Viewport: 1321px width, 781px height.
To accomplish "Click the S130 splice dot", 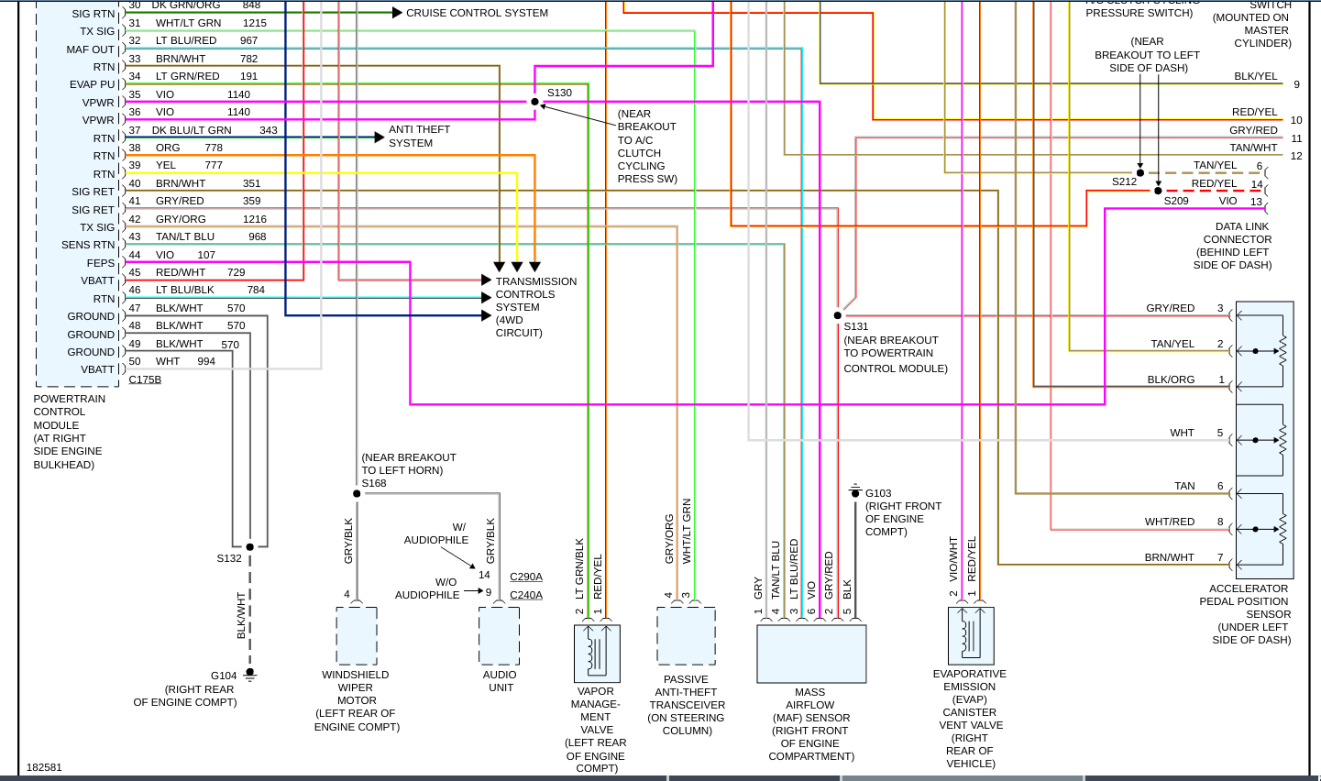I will pyautogui.click(x=534, y=102).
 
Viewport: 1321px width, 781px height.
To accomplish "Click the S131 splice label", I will pyautogui.click(x=856, y=326).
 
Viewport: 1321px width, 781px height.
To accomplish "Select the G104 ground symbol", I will pyautogui.click(x=249, y=676).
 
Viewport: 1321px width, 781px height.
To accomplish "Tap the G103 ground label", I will pyautogui.click(x=878, y=493).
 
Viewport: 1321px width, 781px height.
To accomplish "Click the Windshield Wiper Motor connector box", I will pyautogui.click(x=357, y=635).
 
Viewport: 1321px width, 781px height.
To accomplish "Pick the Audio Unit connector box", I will pyautogui.click(x=500, y=635).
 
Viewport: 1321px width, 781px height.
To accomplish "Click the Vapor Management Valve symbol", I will pyautogui.click(x=597, y=654).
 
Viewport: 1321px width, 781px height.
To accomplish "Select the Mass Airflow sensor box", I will pyautogui.click(x=811, y=654).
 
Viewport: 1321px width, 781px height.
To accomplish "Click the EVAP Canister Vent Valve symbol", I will pyautogui.click(x=971, y=635).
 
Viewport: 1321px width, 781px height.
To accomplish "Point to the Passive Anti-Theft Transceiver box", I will pyautogui.click(x=687, y=635).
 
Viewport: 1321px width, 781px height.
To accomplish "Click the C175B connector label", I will pyautogui.click(x=145, y=379).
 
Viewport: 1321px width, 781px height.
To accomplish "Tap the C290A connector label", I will pyautogui.click(x=526, y=577).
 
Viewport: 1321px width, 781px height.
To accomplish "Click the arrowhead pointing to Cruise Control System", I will pyautogui.click(x=397, y=13).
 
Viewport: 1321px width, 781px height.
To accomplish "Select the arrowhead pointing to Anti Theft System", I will pyautogui.click(x=380, y=137).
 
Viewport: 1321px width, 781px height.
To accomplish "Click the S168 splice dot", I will pyautogui.click(x=357, y=494).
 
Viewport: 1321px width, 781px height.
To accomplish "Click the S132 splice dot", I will pyautogui.click(x=249, y=547).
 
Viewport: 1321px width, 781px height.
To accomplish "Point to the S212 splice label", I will pyautogui.click(x=1124, y=181).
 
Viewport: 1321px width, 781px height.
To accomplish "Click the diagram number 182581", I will pyautogui.click(x=44, y=767).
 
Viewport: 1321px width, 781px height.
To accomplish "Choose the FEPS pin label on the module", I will pyautogui.click(x=101, y=263).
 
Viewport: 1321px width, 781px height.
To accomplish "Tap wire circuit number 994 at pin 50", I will pyautogui.click(x=206, y=361).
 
